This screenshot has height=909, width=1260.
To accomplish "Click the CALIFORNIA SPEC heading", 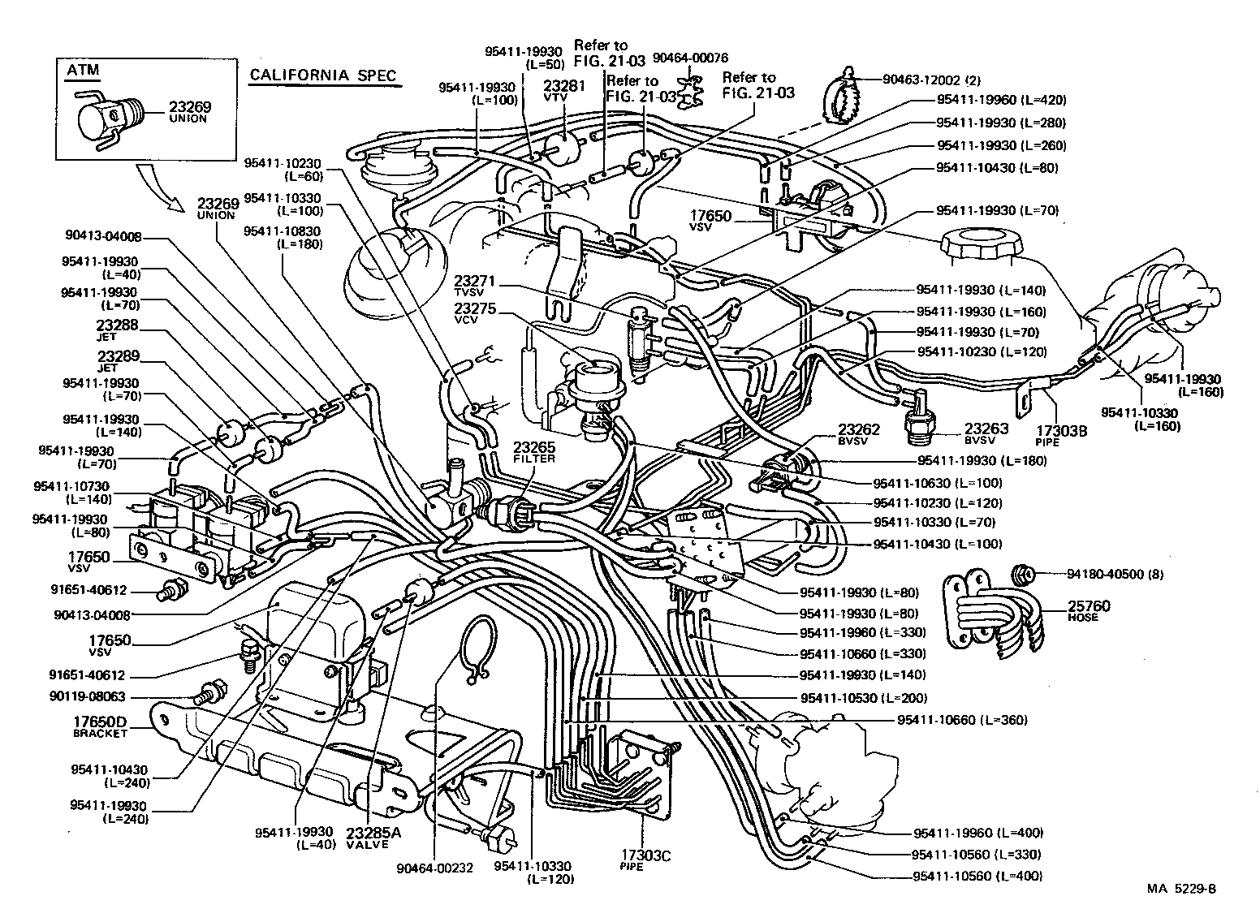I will click(x=322, y=75).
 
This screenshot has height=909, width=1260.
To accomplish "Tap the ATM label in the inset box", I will click(x=82, y=70).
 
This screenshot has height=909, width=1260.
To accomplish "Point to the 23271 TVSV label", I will click(x=475, y=286).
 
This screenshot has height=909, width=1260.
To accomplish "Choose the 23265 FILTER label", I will click(x=533, y=452).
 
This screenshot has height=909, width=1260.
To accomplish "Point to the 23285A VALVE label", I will click(x=368, y=837).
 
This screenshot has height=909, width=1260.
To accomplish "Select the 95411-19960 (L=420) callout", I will click(x=1000, y=100).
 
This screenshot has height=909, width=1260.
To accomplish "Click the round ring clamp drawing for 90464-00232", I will click(x=478, y=645).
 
